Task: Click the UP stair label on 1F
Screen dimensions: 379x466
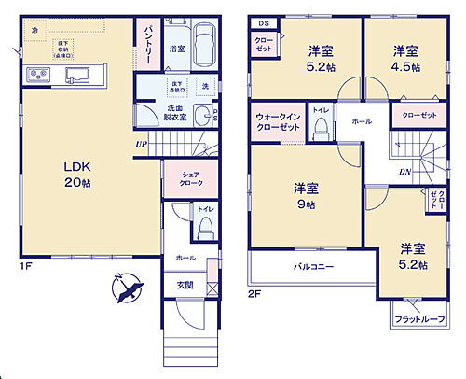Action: click(141, 145)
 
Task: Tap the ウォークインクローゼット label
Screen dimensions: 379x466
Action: click(278, 122)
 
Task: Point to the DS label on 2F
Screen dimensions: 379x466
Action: click(263, 22)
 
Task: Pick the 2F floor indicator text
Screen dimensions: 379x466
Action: click(254, 293)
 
